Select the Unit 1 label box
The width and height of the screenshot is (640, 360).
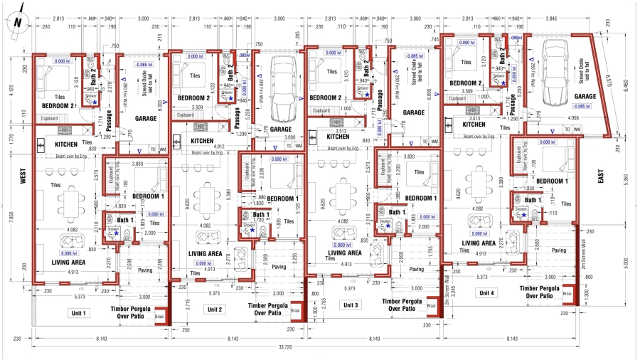tap(77, 312)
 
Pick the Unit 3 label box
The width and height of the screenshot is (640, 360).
tap(349, 305)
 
